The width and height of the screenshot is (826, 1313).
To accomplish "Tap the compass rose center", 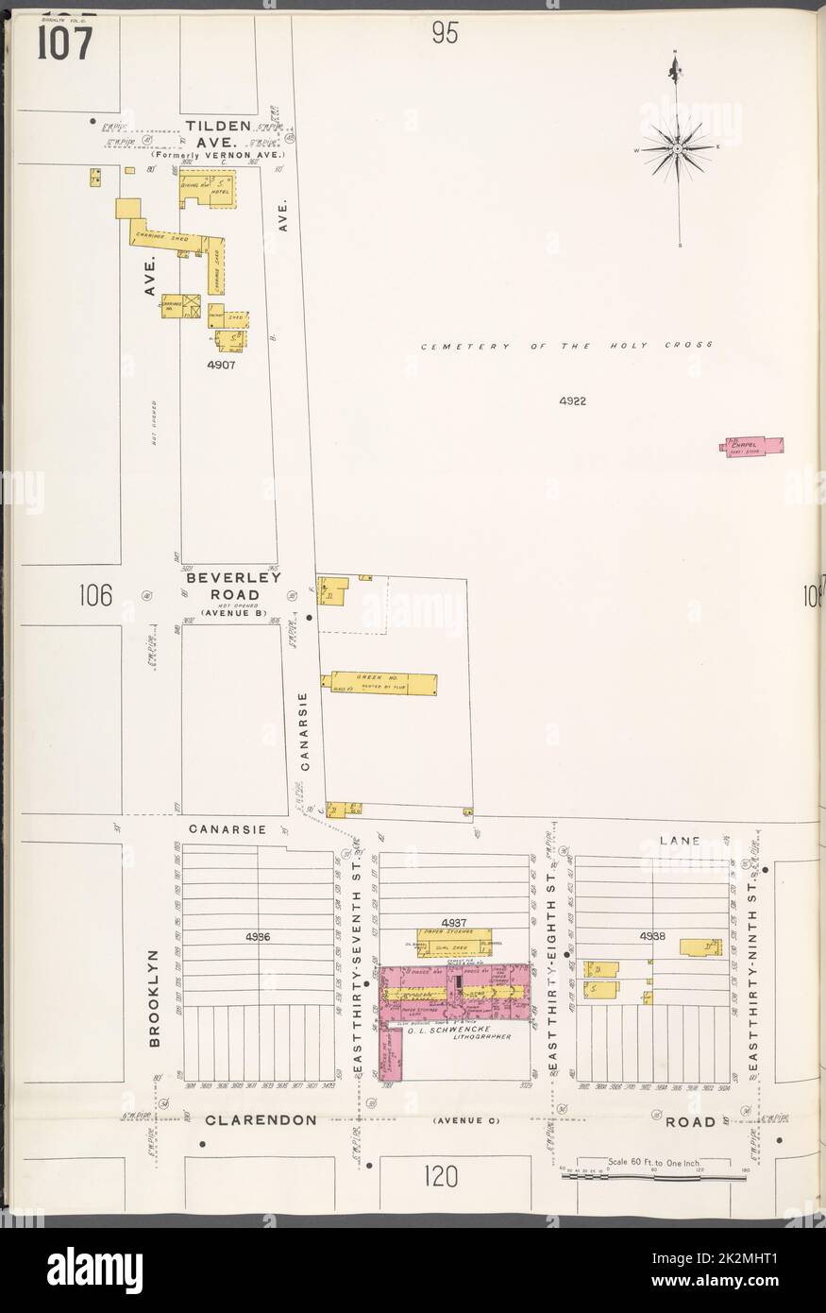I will (677, 149).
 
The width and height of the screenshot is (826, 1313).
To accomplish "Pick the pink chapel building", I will (754, 446).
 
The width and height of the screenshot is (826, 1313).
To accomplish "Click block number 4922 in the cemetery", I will (572, 401).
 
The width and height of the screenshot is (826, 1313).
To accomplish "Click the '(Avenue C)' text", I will (463, 1120).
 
